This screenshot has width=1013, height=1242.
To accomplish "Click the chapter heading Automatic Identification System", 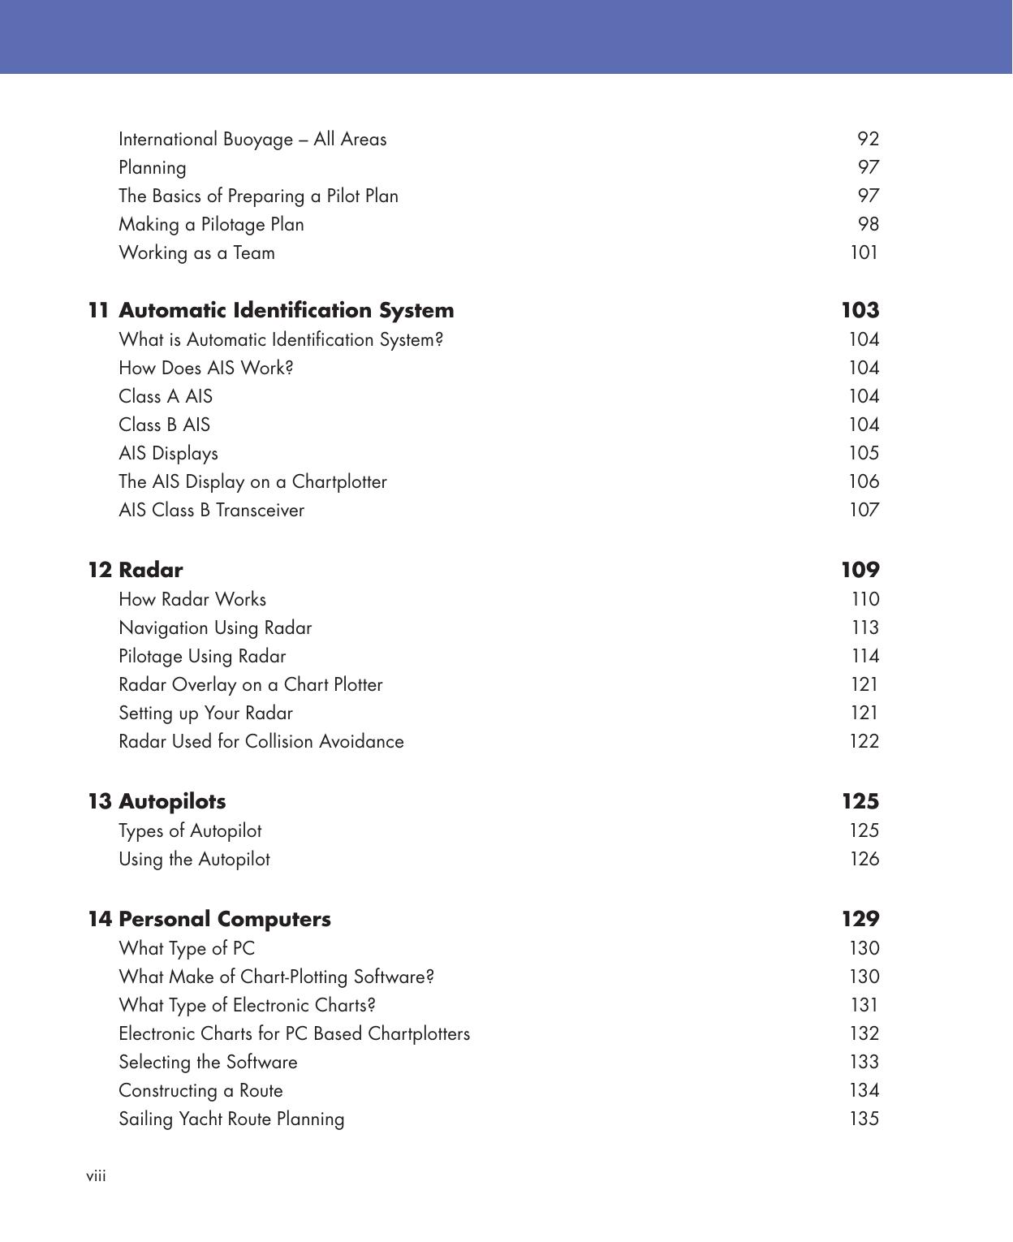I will coord(286,310).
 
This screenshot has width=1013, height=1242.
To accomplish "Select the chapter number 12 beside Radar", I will coord(99,570).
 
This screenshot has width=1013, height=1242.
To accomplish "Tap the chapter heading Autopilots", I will coord(172,801).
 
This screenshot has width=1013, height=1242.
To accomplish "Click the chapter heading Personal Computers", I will coord(224,919).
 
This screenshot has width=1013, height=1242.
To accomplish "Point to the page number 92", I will coord(868,139).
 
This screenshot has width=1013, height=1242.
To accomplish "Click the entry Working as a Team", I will coord(196,252).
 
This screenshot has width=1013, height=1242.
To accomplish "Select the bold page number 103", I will coord(860,310).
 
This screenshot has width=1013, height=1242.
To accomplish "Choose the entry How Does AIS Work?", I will coord(205,368).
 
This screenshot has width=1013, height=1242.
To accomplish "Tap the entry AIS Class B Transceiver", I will coord(211,510).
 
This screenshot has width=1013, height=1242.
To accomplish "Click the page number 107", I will coord(864,510).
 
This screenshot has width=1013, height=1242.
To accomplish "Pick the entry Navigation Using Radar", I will coord(215,627).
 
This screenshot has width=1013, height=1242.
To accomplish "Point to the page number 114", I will coord(864,656).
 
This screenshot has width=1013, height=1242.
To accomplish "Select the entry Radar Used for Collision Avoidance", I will coord(261,741).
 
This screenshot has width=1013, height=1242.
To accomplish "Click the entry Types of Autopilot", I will coord(190,830).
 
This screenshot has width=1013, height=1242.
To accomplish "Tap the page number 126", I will coord(864,859).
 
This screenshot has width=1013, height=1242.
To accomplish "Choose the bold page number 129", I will coord(860,919).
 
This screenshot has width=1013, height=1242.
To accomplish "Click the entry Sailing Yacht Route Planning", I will coord(231,1119).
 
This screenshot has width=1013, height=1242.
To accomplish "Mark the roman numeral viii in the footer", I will coord(96,1176).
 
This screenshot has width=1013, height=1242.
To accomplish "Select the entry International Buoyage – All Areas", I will coord(252,139).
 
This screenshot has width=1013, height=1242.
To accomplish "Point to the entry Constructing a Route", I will coord(200,1090).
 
